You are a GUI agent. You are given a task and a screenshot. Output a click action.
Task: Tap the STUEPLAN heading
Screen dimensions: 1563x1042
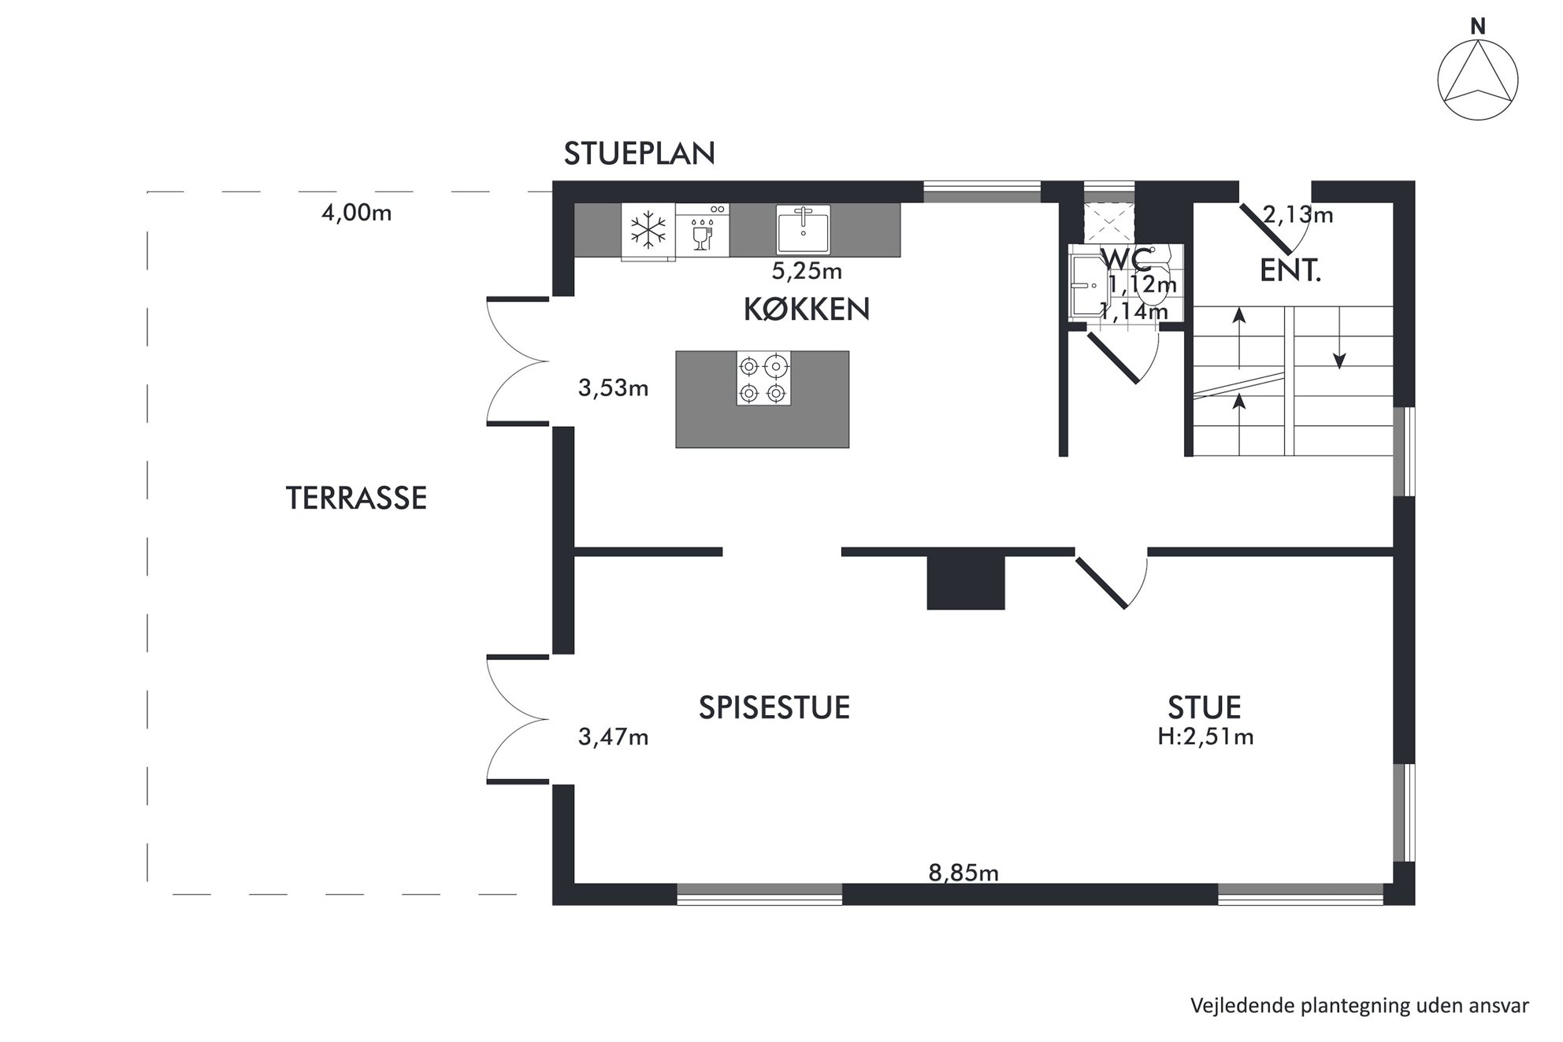(x=639, y=154)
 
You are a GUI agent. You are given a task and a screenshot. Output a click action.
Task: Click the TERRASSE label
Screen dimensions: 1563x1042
(x=356, y=498)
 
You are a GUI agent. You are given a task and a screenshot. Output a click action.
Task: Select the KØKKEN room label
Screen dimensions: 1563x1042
(x=807, y=309)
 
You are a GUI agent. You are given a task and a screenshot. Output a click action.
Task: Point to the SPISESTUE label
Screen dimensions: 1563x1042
(x=774, y=707)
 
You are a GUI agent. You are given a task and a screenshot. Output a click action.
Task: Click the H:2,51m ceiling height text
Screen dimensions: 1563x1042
(x=1205, y=736)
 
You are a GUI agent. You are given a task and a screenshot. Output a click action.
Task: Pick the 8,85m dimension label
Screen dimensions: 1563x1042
(x=963, y=873)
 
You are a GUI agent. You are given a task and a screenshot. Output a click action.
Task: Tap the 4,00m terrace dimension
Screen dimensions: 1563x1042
(x=356, y=213)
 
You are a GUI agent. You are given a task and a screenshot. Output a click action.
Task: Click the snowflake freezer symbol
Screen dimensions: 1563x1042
(x=648, y=231)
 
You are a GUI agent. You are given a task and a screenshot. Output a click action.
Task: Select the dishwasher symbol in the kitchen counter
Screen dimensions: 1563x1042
(x=702, y=230)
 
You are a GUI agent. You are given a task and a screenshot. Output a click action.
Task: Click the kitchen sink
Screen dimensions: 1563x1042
(x=803, y=228)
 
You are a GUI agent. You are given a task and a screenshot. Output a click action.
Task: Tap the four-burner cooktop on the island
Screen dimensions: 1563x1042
(x=763, y=378)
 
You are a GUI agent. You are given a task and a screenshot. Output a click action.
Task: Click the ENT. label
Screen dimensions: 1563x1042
(x=1290, y=271)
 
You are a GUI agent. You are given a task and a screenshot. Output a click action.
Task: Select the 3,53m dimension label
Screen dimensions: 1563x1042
(x=613, y=388)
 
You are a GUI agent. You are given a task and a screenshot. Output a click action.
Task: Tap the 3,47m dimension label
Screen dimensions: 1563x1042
(x=613, y=736)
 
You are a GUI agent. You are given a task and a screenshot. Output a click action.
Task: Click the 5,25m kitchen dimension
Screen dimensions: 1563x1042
(x=807, y=271)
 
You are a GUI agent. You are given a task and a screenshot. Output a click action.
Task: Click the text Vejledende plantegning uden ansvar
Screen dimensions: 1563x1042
(x=1360, y=1006)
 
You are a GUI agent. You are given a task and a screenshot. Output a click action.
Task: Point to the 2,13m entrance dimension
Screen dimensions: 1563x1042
(x=1298, y=214)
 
